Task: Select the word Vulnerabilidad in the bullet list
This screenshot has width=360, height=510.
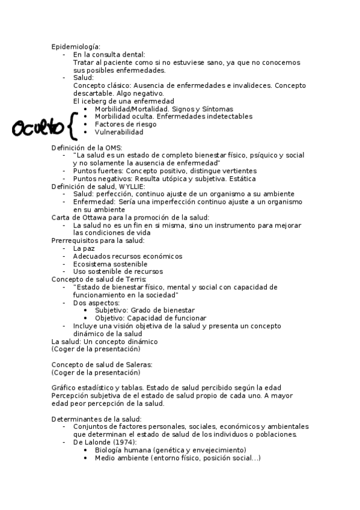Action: [119, 132]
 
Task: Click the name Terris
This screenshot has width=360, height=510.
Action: [132, 279]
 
